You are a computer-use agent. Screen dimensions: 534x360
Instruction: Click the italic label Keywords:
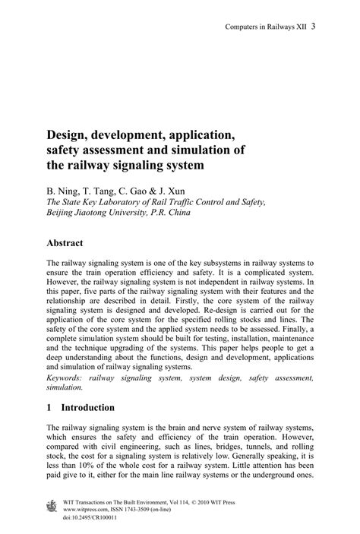[x=67, y=376]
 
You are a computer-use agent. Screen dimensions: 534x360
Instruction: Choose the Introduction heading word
[x=87, y=407]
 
